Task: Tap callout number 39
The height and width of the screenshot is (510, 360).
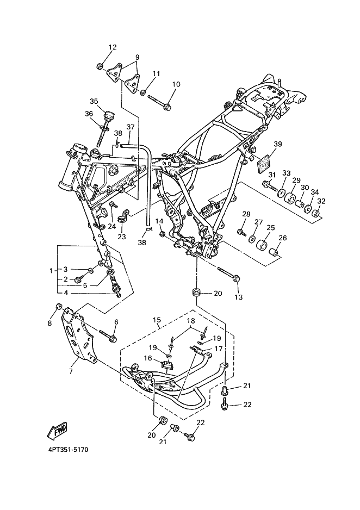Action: (x=277, y=144)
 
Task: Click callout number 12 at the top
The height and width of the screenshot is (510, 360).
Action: (x=113, y=47)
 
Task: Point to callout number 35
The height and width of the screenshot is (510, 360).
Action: (x=94, y=102)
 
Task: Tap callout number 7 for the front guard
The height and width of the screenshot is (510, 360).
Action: (x=71, y=371)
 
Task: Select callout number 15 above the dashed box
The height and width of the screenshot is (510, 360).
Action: (x=157, y=320)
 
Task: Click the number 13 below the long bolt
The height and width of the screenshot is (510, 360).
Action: (x=238, y=297)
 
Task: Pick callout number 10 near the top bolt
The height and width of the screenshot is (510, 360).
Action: (x=176, y=84)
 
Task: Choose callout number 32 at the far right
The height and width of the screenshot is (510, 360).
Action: (x=321, y=201)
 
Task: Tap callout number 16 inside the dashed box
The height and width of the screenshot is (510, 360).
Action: (x=148, y=358)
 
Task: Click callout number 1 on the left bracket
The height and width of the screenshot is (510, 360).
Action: (x=51, y=271)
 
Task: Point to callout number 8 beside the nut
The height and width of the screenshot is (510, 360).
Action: (x=49, y=324)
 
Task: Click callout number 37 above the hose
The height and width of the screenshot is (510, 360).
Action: (x=131, y=127)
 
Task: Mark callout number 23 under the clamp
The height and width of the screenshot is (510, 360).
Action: (x=122, y=237)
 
